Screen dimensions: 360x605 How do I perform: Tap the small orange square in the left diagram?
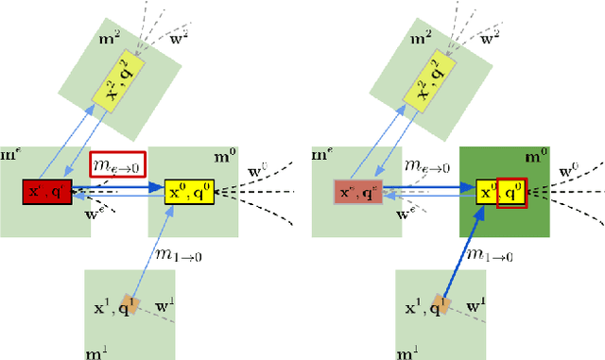135,306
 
